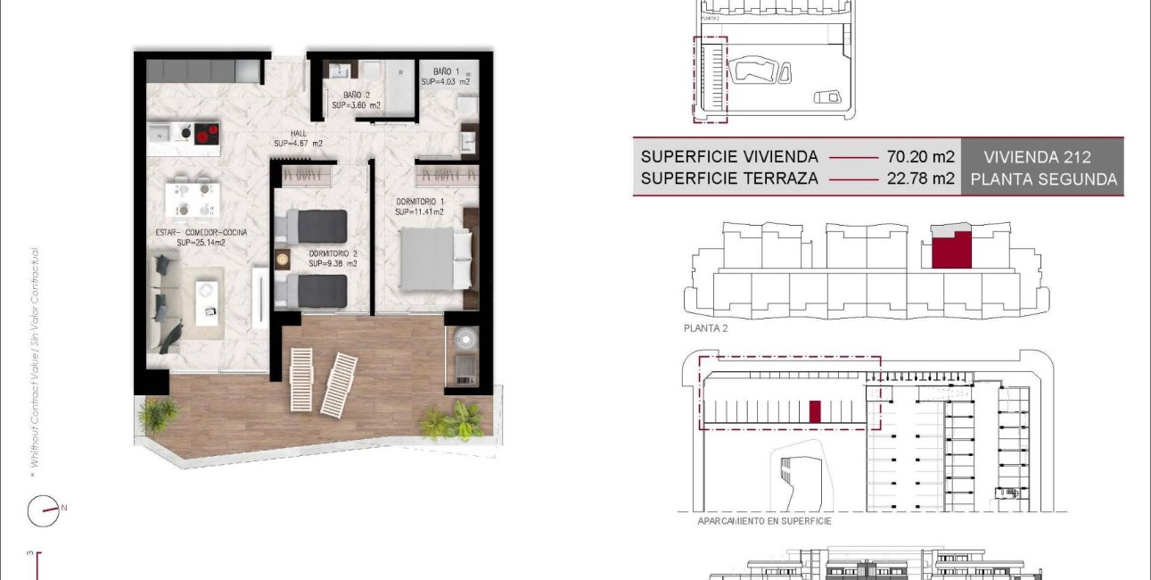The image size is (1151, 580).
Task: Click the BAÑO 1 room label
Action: [x=447, y=70]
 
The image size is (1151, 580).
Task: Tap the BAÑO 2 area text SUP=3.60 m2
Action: [x=356, y=105]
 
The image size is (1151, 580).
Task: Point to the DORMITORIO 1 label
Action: [x=420, y=202]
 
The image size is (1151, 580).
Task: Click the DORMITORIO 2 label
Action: [x=333, y=253]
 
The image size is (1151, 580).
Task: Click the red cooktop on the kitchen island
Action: [x=207, y=135]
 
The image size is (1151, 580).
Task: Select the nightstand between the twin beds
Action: [x=284, y=259]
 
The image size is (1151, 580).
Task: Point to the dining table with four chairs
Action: [x=193, y=199]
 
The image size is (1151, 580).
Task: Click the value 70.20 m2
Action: [x=920, y=157]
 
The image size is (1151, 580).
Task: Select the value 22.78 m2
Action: [x=920, y=178]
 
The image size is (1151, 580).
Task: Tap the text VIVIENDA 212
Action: [x=1038, y=157]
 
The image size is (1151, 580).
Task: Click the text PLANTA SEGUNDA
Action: [x=1043, y=178]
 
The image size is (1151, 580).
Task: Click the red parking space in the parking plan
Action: [x=813, y=411]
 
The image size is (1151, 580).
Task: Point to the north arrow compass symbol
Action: [x=43, y=510]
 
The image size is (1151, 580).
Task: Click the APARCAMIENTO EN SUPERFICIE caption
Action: [x=764, y=520]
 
